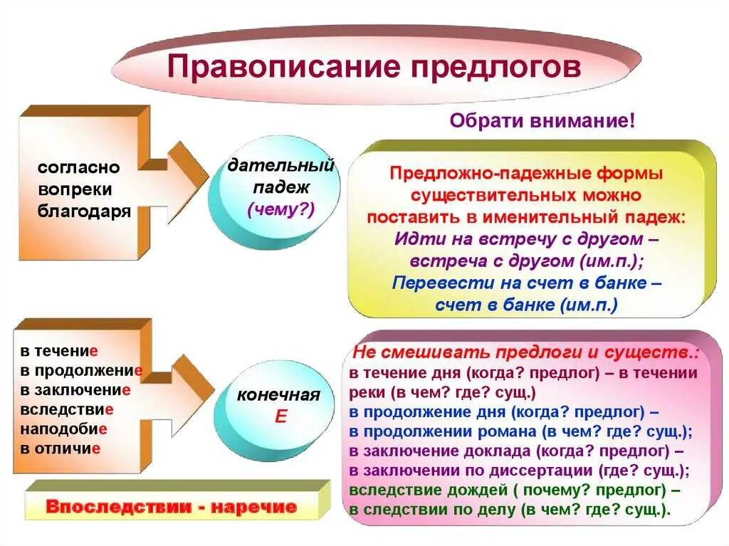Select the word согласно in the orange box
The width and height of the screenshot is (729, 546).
click(x=79, y=168)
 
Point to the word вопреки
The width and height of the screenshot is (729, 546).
click(x=75, y=189)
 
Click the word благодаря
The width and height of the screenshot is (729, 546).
click(x=84, y=211)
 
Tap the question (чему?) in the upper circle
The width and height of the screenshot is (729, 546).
click(x=279, y=209)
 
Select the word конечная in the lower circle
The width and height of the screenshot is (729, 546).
click(x=278, y=396)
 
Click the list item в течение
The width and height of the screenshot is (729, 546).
click(x=58, y=351)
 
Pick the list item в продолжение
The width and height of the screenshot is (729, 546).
click(x=81, y=370)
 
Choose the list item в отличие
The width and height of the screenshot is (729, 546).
click(x=60, y=448)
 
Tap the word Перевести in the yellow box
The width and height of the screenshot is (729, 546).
click(x=430, y=283)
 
